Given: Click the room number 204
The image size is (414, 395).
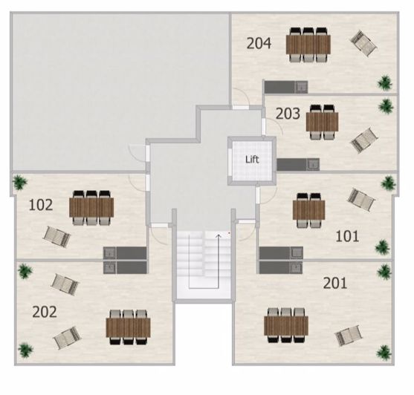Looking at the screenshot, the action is tap(259, 44).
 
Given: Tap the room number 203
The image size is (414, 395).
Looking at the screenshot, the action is tap(288, 114).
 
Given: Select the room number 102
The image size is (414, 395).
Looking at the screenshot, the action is tap(41, 205).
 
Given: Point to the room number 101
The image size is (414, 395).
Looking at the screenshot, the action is tap(347, 236).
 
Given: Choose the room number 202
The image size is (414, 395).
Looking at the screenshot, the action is tap(45, 312).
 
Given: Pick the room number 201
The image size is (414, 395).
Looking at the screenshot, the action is tap(335, 283).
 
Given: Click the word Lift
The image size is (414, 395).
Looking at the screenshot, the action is tap(252, 160).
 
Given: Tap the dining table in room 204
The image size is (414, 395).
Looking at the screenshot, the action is tap(308, 45).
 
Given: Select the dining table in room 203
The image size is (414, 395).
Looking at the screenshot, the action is tap(322, 122).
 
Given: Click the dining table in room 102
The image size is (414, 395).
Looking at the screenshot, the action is tap(91, 207).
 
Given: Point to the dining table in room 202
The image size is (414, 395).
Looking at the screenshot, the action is tap(129, 327).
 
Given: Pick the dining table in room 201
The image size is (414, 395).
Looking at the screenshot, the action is tap(286, 326).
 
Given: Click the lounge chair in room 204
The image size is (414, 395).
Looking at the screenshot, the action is tap(363, 43).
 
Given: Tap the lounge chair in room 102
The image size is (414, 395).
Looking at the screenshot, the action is tap(56, 237).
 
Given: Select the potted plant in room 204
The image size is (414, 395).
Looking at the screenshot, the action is tap(385, 83).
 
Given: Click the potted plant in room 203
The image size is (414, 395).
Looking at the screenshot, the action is tap(386, 106).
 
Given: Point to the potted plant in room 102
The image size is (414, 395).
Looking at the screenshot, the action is tap(20, 182).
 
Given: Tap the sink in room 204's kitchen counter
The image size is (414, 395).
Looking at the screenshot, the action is tap(301, 87).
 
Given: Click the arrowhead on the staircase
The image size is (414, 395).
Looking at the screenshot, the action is tap(218, 235).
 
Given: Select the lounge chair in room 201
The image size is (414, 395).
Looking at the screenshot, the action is tap(349, 336).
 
